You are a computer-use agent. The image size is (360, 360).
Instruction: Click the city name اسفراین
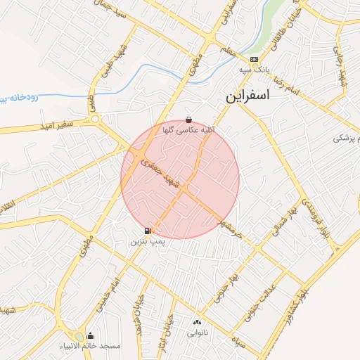(247, 96)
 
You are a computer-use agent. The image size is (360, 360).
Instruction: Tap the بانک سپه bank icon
(254, 60)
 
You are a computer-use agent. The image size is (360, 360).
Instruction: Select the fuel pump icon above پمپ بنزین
(147, 231)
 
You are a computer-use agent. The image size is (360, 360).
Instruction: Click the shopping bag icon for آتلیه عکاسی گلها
(188, 120)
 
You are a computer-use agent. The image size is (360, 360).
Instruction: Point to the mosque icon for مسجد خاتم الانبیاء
(90, 336)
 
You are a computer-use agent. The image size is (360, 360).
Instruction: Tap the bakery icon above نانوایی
(197, 323)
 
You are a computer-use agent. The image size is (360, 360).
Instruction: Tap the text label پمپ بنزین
(147, 241)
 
